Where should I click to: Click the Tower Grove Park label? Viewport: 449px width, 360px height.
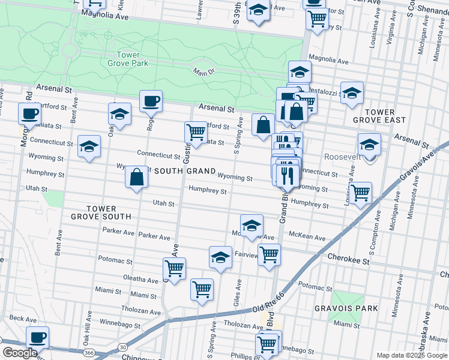click(127, 59)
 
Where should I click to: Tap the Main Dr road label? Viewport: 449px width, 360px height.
click(203, 72)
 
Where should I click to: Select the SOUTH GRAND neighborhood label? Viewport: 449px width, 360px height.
click(185, 172)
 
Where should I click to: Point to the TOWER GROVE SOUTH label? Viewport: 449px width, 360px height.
click(101, 212)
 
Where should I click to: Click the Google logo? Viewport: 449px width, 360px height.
click(20, 353)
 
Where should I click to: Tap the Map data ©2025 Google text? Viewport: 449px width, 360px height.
click(411, 355)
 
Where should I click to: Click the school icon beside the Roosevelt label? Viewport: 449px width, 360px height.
click(369, 145)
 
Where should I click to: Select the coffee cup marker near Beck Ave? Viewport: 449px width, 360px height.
click(37, 337)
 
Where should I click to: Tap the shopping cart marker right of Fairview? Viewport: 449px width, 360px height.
click(269, 254)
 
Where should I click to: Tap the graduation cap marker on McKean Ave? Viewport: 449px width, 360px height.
click(252, 226)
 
